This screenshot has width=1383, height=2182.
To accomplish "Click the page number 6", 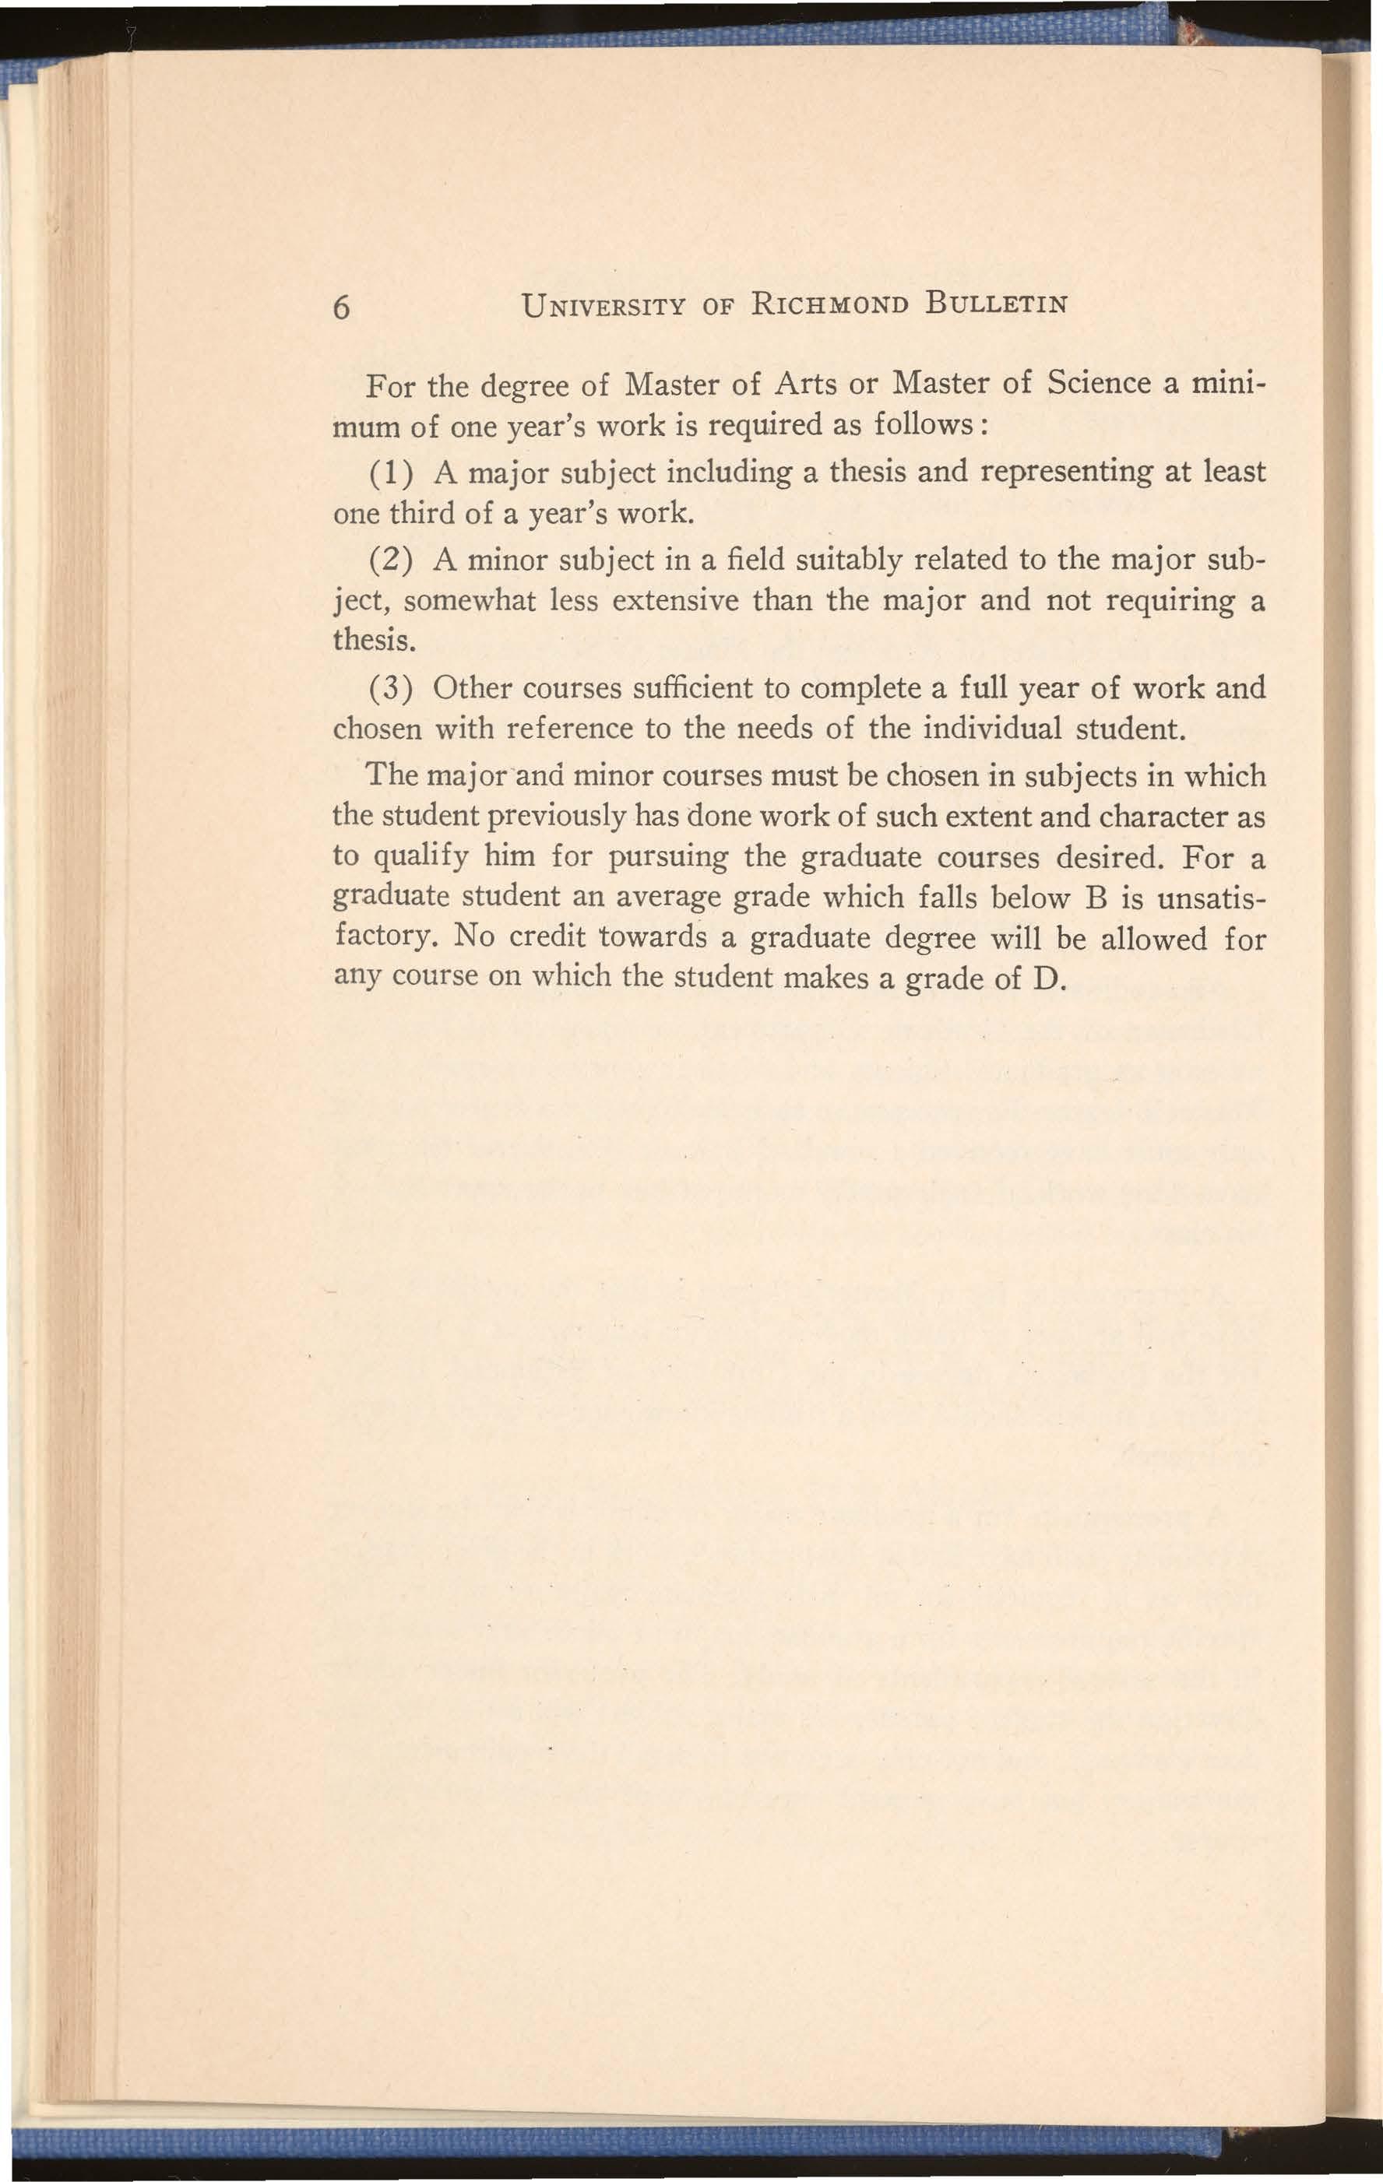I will (341, 308).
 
